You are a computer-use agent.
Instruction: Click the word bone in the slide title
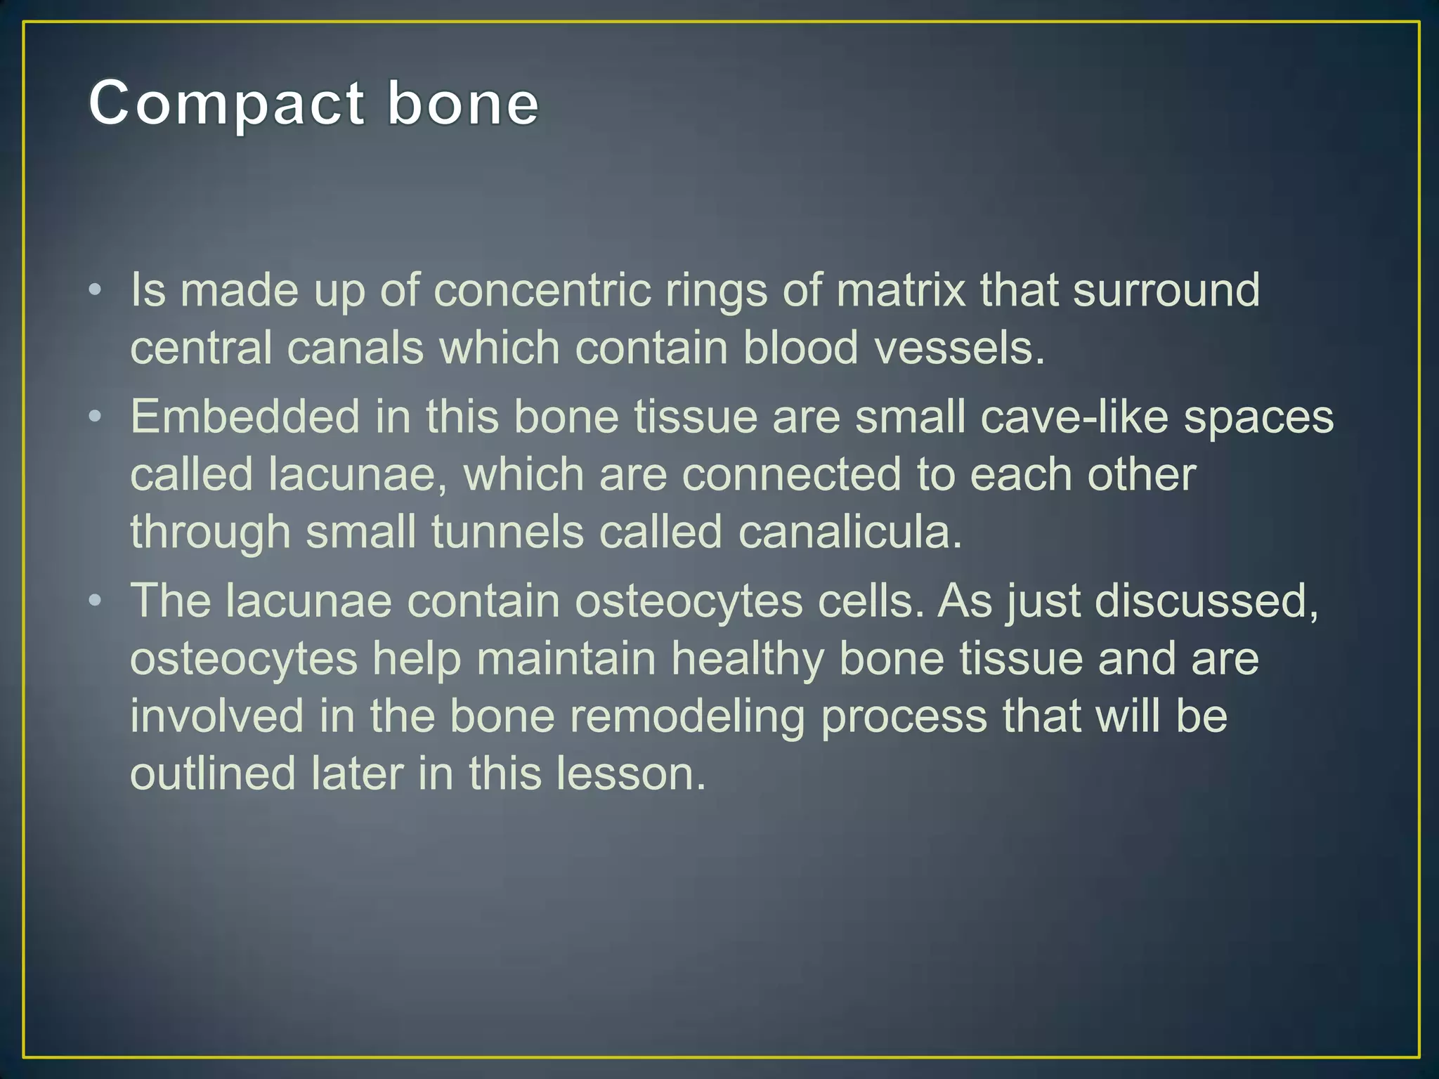(463, 104)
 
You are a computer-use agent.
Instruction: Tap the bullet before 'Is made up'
(96, 290)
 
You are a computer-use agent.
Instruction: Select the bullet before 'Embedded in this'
(96, 417)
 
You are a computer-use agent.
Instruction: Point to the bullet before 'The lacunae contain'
(96, 601)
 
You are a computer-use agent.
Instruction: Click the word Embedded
(245, 417)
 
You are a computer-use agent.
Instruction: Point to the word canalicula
(849, 532)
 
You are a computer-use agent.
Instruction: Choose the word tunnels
(507, 532)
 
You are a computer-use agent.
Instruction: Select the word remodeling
(686, 717)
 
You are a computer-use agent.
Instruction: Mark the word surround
(1166, 290)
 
